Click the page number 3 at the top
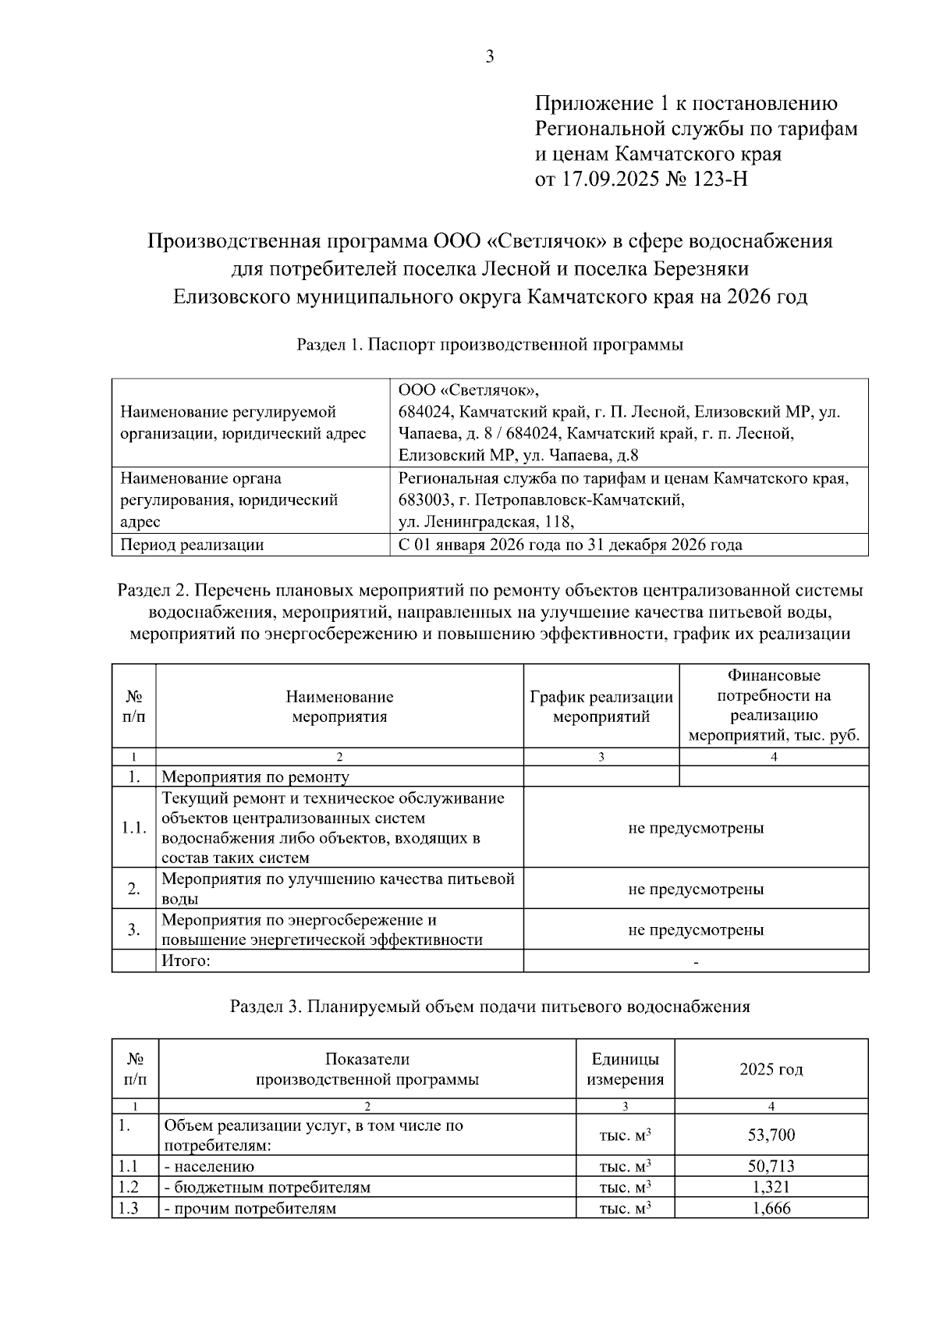tap(490, 56)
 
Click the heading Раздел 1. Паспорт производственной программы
tap(490, 344)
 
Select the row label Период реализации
tap(192, 545)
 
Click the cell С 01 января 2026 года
tap(569, 545)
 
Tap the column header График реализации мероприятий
tap(601, 706)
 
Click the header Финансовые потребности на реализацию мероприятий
tap(774, 705)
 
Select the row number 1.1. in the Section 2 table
tap(133, 827)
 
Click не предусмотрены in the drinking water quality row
tap(696, 889)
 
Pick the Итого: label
tap(186, 961)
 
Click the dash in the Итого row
tap(696, 962)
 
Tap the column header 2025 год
tap(771, 1069)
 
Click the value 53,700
tap(771, 1135)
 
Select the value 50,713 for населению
tap(771, 1167)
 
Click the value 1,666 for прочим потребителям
tap(771, 1209)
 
